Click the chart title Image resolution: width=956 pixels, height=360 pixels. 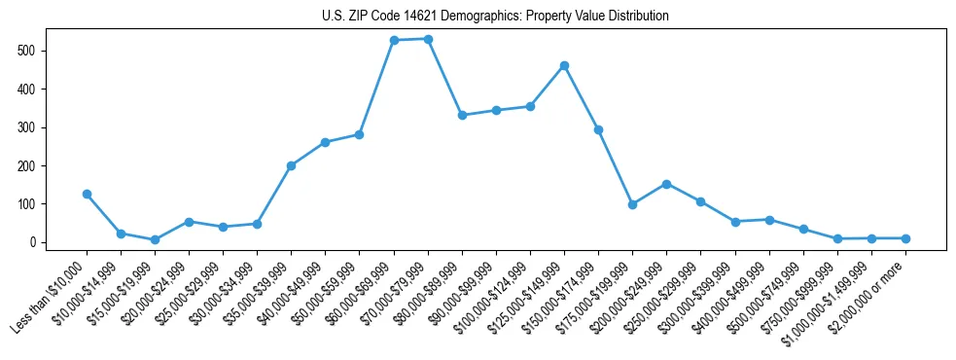click(x=495, y=17)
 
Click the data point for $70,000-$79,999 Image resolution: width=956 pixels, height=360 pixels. click(x=428, y=39)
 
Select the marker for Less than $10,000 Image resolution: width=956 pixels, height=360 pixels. click(x=87, y=195)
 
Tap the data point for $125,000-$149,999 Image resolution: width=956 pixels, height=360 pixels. click(x=564, y=65)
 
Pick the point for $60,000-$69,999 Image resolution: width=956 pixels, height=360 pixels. click(x=394, y=41)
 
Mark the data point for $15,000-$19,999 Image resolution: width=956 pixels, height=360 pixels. click(x=155, y=239)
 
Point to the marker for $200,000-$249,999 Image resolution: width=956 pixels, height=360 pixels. click(x=666, y=184)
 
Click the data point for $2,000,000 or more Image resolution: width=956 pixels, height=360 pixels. click(x=905, y=238)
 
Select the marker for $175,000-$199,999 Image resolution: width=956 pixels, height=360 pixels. click(x=632, y=204)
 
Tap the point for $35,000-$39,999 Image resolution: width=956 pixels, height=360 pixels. click(x=291, y=165)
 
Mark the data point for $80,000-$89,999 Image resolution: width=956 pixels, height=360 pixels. click(x=462, y=115)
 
